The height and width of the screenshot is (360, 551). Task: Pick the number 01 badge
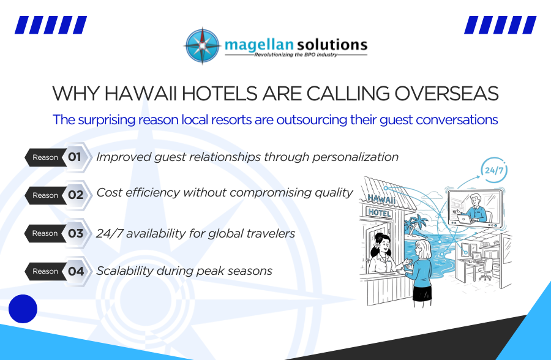[x=75, y=157]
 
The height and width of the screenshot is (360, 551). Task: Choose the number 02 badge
[x=75, y=195]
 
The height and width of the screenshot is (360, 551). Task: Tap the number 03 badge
[x=75, y=233]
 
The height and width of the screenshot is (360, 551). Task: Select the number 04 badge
[x=75, y=271]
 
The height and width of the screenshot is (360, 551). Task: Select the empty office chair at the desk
[x=487, y=268]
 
